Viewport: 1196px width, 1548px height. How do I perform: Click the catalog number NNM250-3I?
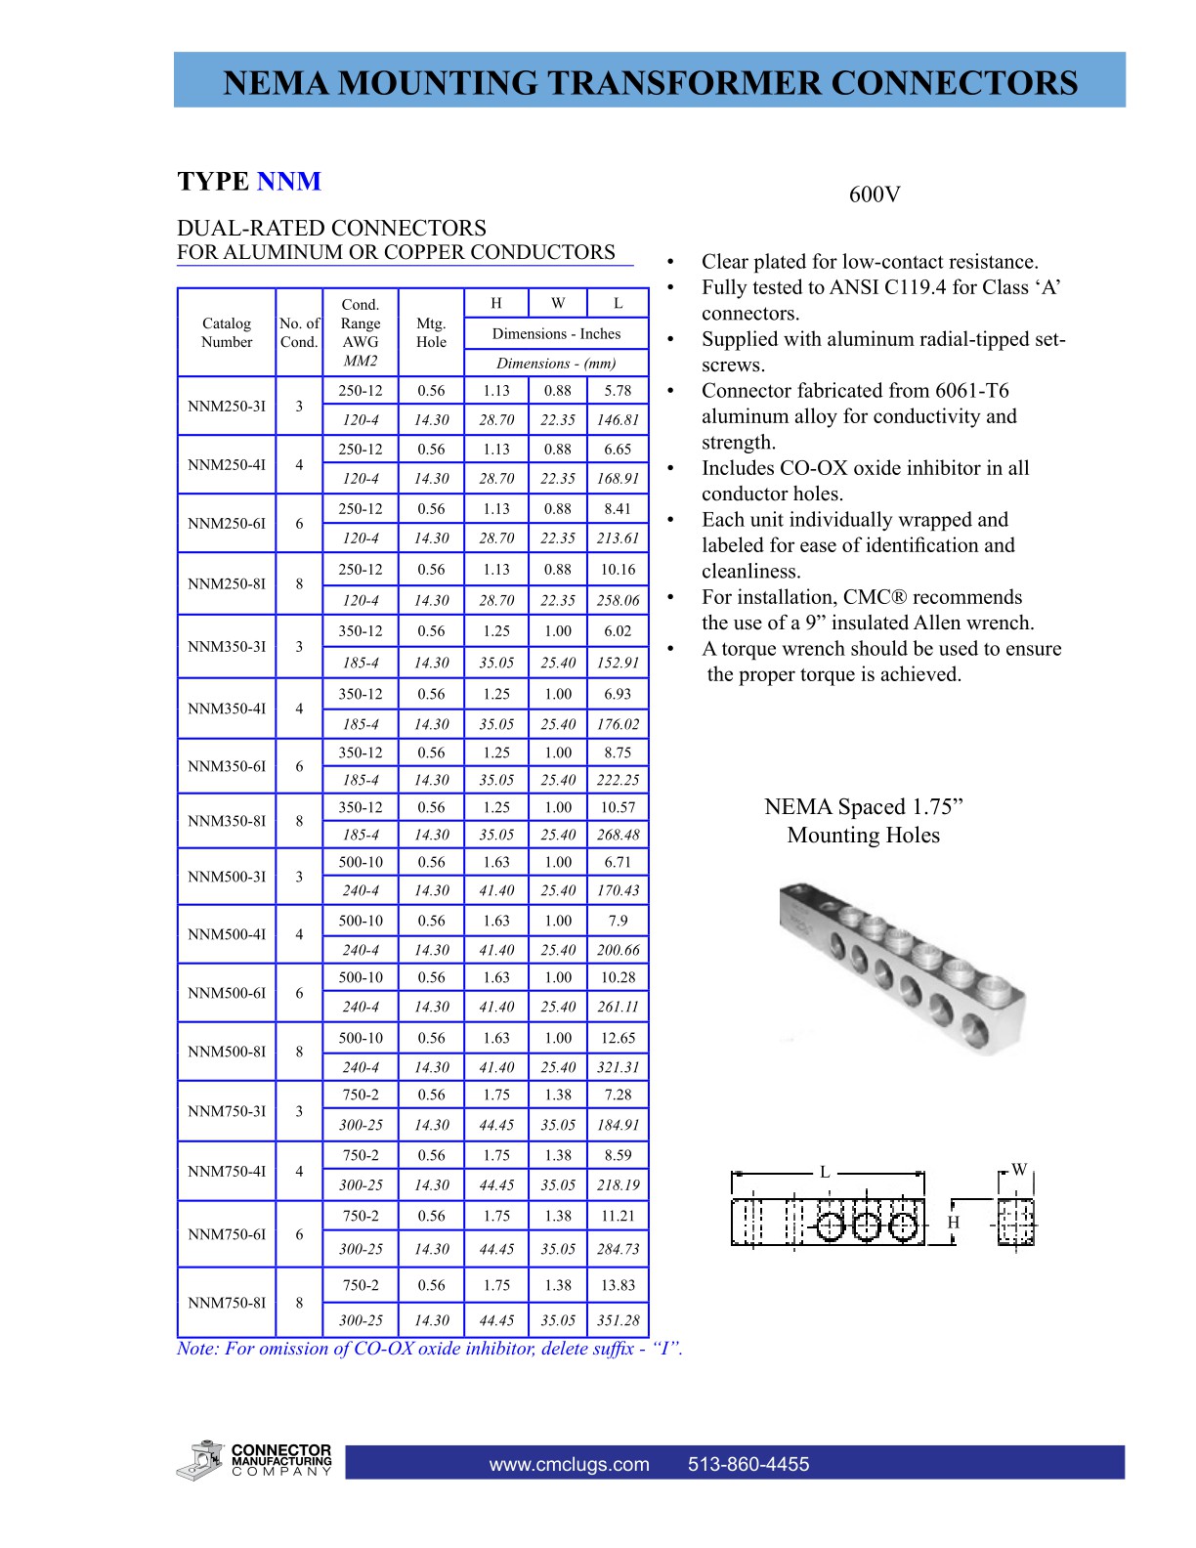[x=226, y=406]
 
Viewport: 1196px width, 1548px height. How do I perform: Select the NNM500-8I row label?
[x=226, y=1052]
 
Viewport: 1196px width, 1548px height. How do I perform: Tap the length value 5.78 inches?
[x=618, y=390]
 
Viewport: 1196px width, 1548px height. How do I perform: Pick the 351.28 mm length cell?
[x=618, y=1320]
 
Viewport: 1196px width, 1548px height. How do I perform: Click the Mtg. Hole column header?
[x=431, y=332]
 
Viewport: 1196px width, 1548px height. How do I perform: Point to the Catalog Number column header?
[x=226, y=332]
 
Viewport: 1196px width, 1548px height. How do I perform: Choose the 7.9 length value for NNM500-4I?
[x=618, y=921]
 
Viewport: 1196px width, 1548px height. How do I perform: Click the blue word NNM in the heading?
[x=288, y=182]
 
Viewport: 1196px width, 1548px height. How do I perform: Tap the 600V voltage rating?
[x=874, y=194]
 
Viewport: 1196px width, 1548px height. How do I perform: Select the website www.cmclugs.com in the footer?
[x=569, y=1464]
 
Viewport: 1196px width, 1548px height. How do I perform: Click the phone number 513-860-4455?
[x=748, y=1464]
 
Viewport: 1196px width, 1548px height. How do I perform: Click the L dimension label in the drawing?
[x=825, y=1172]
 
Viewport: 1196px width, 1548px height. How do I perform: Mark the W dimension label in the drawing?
[x=1019, y=1170]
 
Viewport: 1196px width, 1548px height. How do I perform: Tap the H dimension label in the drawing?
[x=954, y=1223]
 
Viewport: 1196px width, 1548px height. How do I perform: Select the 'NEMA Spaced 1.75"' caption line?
[x=863, y=807]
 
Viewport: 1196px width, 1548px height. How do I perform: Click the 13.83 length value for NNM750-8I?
[x=618, y=1285]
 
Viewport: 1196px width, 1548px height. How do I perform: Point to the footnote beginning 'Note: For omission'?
[x=429, y=1349]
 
